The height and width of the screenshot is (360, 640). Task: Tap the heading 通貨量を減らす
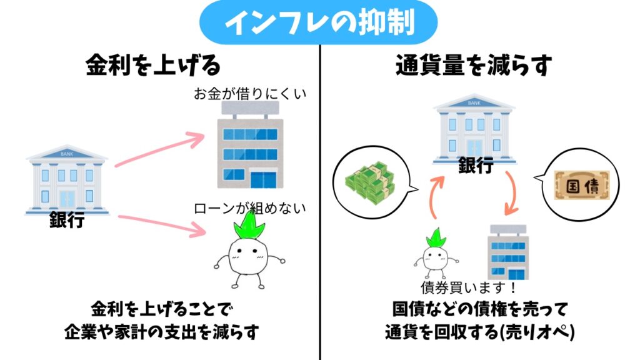tap(481, 65)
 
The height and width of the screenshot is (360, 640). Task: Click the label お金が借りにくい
tap(252, 94)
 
